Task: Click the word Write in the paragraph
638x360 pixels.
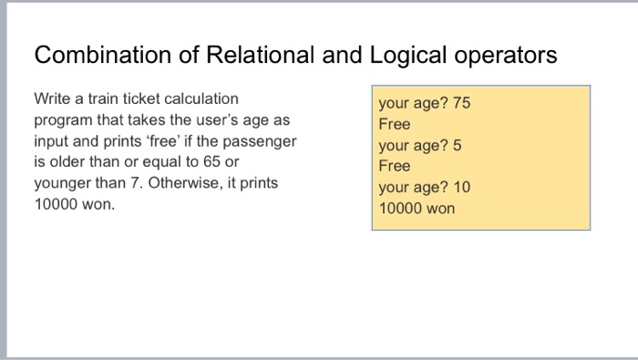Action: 52,98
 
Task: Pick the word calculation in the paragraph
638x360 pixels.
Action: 198,98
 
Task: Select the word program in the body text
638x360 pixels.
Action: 63,119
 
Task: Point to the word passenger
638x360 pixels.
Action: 262,140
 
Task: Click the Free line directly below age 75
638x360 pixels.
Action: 395,124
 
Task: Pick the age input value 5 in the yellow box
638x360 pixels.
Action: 457,145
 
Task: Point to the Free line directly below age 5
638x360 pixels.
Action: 395,166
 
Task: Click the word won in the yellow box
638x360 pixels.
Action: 439,208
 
